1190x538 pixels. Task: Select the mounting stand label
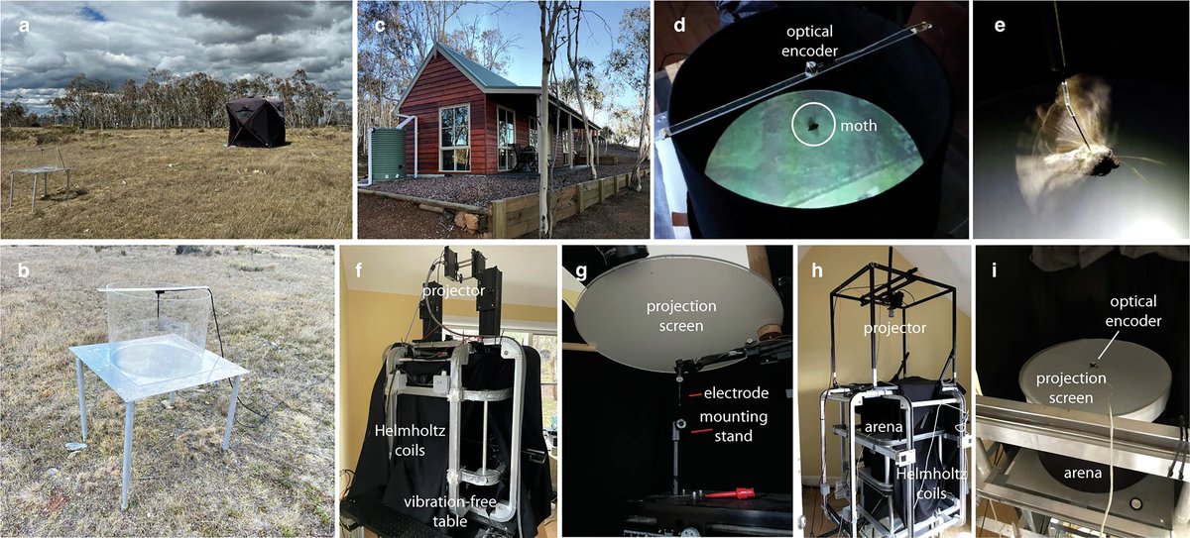[735, 426]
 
